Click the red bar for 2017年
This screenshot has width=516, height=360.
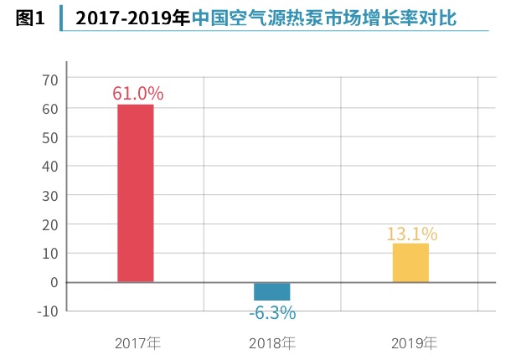click(x=136, y=193)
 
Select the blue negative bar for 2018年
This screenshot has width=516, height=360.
click(x=271, y=291)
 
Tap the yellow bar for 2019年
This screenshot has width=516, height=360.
click(x=410, y=263)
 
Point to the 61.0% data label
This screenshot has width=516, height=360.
click(x=138, y=94)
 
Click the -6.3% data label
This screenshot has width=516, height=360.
click(x=272, y=312)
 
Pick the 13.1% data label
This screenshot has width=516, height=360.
click(x=412, y=234)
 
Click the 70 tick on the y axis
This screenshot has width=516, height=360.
click(x=50, y=80)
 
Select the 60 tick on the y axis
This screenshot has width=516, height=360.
click(x=50, y=109)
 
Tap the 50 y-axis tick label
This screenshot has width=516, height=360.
click(x=50, y=138)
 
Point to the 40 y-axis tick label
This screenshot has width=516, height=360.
click(x=50, y=167)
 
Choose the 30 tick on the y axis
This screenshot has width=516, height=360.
click(x=50, y=196)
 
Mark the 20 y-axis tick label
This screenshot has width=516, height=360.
click(x=50, y=225)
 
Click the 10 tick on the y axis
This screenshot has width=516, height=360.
click(x=50, y=254)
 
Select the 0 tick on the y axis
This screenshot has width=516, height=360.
click(x=54, y=282)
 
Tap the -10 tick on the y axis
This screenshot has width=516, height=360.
click(x=48, y=311)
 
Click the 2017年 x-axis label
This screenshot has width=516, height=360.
click(x=137, y=343)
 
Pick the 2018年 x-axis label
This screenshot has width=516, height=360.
click(x=272, y=343)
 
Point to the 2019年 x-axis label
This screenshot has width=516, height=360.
click(x=414, y=343)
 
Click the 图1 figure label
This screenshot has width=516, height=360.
click(x=30, y=18)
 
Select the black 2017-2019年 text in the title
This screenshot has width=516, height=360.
click(x=133, y=18)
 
